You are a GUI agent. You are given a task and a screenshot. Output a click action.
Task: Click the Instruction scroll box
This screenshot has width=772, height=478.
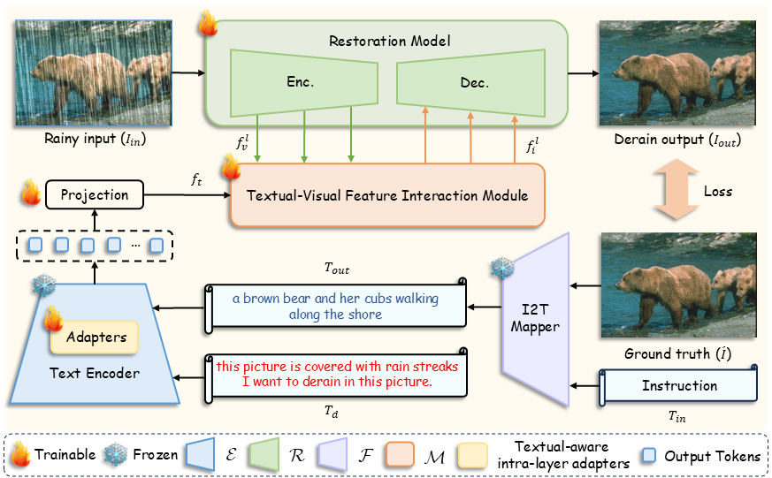pos(679,386)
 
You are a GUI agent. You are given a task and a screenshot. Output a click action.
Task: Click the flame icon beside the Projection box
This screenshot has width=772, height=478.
pos(29,192)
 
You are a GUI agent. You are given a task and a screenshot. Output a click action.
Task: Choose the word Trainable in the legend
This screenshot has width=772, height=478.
pos(65,456)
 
